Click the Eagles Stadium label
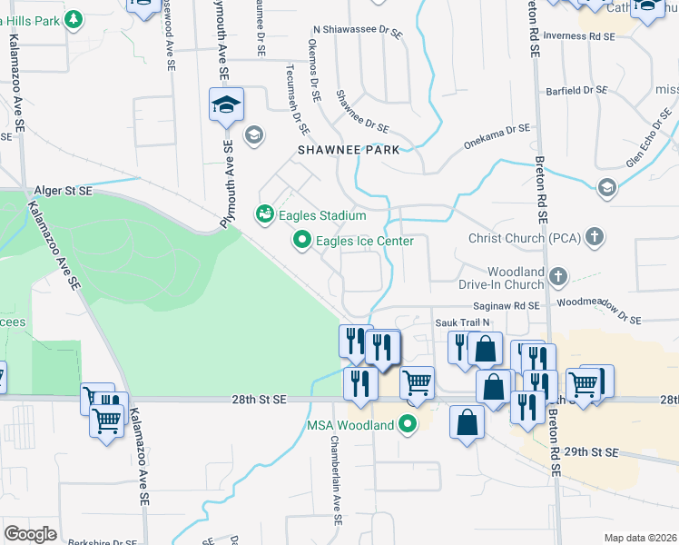tap(321, 215)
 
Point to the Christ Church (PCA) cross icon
tap(595, 238)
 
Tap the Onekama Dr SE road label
tap(497, 135)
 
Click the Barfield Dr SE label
tap(576, 91)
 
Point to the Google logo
tap(30, 534)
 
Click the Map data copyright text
tap(640, 538)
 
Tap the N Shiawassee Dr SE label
tap(356, 31)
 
